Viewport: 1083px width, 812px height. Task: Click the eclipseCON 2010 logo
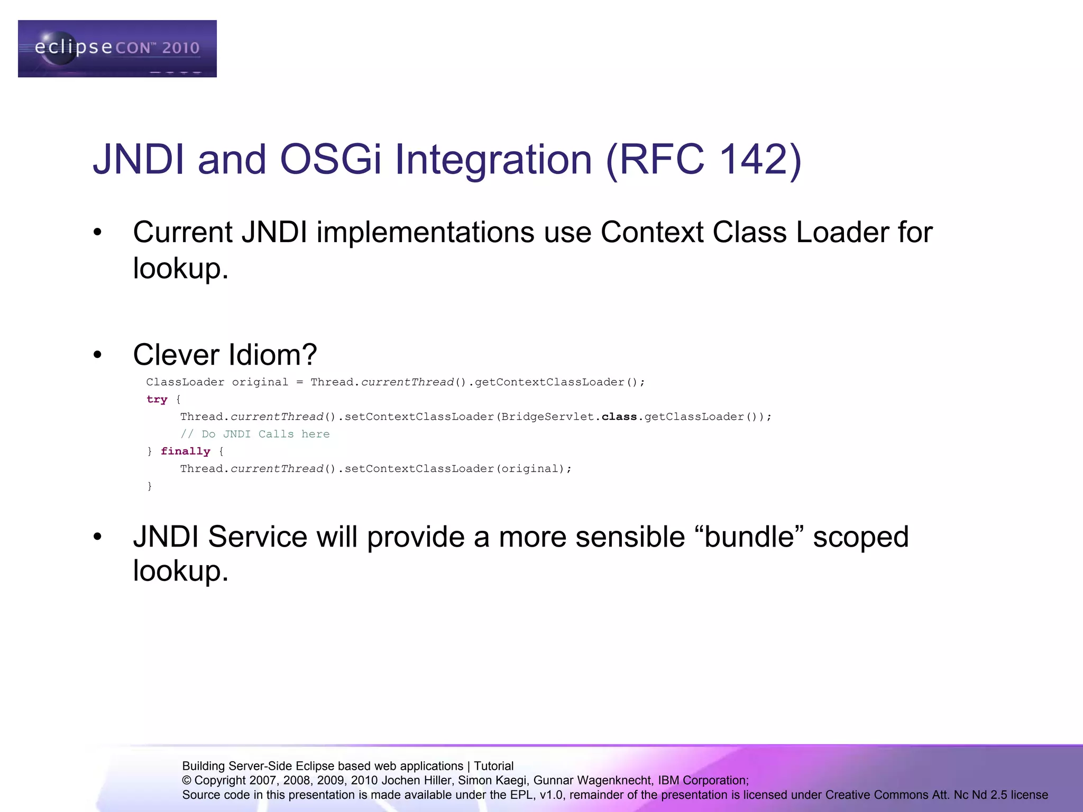point(117,49)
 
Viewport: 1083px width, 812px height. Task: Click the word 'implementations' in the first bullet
point(425,232)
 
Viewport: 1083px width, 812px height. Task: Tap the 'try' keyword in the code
point(157,400)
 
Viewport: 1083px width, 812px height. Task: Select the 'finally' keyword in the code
point(185,451)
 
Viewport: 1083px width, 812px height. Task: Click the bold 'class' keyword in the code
point(619,417)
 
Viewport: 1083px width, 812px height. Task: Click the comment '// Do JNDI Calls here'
point(255,434)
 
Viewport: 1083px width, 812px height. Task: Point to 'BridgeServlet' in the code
point(548,417)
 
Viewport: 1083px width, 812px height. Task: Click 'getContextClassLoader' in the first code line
point(550,382)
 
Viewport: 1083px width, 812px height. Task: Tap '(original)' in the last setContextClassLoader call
point(533,469)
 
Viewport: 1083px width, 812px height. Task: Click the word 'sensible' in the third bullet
point(630,537)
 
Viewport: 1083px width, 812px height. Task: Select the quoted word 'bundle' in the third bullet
point(749,537)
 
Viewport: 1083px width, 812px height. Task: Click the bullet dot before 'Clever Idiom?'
point(97,355)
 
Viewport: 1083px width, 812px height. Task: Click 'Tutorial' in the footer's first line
point(493,766)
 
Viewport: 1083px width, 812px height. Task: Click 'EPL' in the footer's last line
point(521,795)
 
